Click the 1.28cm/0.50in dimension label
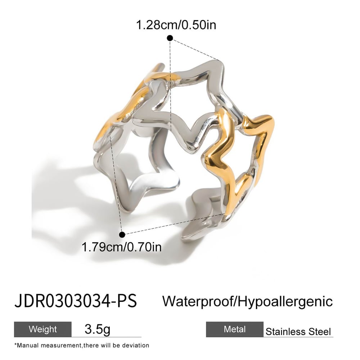point(176,25)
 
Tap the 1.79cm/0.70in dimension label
point(122,247)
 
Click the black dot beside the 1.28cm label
point(170,38)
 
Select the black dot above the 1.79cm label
point(122,235)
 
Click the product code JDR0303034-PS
point(76,301)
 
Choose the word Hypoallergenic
point(284,301)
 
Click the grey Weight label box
point(43,329)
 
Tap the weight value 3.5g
point(97,329)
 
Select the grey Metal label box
point(234,329)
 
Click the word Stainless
point(283,332)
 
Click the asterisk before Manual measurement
point(16,345)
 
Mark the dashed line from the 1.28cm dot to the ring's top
point(194,49)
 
